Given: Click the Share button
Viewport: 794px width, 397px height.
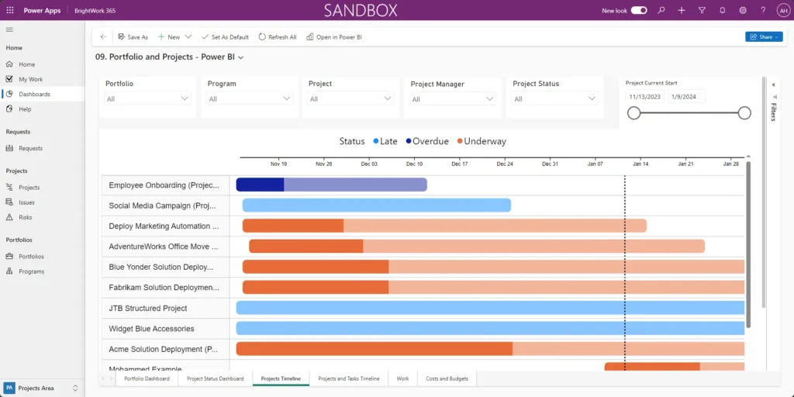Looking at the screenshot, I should coord(763,36).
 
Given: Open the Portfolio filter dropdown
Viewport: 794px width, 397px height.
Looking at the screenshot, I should coord(147,98).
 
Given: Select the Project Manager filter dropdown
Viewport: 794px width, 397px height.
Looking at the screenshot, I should coord(453,98).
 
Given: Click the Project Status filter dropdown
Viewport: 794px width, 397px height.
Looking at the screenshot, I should coord(555,98).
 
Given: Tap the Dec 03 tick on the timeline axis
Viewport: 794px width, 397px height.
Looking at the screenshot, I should coord(369,164).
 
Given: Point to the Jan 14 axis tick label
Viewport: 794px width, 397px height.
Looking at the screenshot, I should coord(640,164).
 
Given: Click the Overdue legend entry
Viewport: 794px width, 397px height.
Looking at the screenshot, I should coord(426,141).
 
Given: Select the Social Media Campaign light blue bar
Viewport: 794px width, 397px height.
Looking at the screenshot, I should coord(376,205).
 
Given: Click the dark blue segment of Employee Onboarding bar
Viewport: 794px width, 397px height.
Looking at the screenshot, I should coord(260,185).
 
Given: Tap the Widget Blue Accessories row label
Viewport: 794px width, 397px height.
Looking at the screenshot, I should coord(151,329).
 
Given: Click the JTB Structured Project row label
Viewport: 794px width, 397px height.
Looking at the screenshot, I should coord(148,308).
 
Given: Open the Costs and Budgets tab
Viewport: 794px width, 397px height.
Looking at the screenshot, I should coord(447,378).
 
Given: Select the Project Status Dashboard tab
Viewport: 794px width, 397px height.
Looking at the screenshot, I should coord(215,378).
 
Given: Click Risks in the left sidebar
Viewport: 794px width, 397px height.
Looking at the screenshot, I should coord(26,217).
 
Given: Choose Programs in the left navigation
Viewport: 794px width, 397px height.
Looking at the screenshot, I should coord(31,271).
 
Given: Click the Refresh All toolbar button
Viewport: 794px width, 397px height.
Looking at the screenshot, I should coord(278,36).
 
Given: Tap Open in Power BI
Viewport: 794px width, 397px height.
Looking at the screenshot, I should coord(334,36).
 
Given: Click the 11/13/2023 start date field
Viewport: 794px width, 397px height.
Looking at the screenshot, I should coord(644,96).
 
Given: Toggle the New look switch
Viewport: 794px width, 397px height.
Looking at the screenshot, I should coord(639,10).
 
